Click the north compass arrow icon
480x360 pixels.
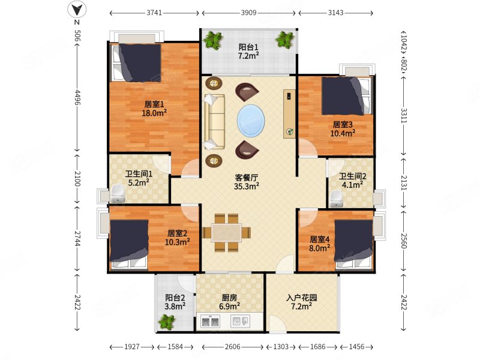pos(77,10)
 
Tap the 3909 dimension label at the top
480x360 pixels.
pos(248,13)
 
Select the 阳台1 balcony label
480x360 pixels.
pos(248,47)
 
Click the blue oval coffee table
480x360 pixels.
pos(251,121)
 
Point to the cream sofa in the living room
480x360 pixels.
pos(214,122)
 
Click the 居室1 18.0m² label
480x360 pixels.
pos(154,109)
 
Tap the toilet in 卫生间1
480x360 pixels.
pos(117,193)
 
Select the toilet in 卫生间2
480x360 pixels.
pos(336,199)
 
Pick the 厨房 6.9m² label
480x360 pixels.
pos(229,302)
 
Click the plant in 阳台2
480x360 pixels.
pos(167,322)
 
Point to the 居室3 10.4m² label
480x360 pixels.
pos(343,129)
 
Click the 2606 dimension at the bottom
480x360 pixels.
pos(232,347)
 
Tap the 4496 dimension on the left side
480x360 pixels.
pos(77,97)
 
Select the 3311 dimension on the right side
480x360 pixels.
pos(404,115)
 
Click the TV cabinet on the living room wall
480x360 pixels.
pos(289,114)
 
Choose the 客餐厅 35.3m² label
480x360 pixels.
pos(247,182)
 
